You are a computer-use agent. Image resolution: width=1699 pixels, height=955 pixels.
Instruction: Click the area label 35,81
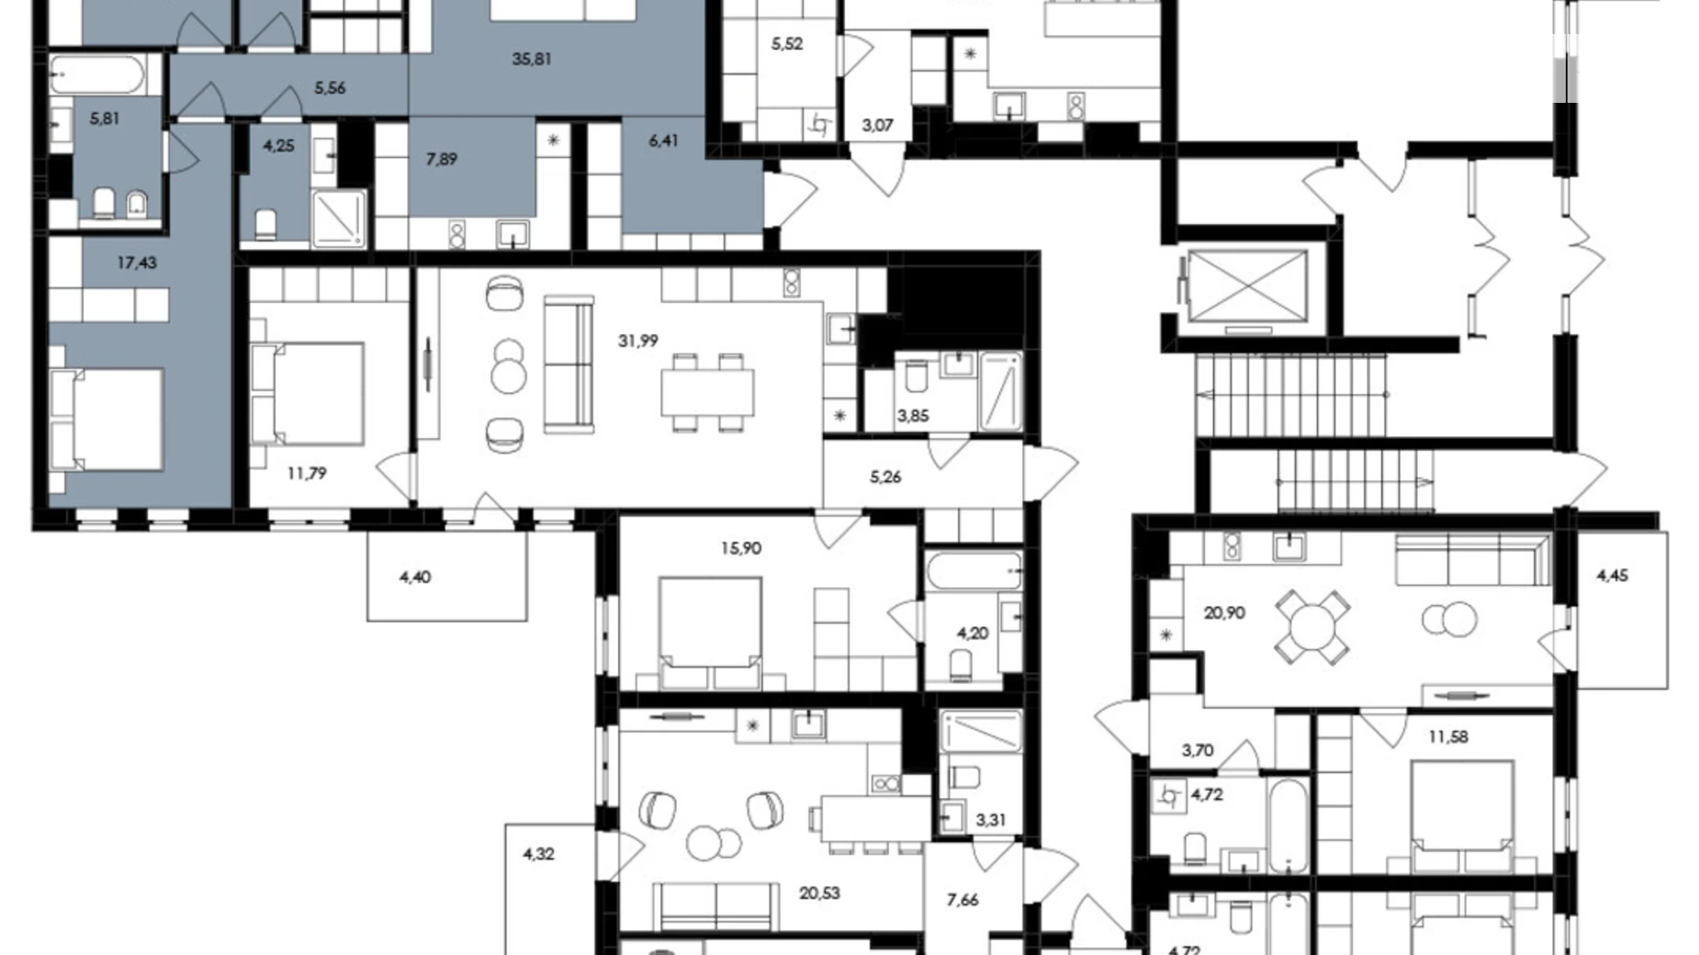(x=532, y=60)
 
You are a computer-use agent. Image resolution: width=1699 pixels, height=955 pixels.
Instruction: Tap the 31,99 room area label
(x=638, y=341)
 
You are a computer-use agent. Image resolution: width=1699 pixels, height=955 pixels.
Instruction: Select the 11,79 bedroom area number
(x=307, y=474)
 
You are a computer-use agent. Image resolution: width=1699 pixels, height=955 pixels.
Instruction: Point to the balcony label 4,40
(x=415, y=577)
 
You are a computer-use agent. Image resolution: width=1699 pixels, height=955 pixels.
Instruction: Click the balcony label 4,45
(x=1613, y=576)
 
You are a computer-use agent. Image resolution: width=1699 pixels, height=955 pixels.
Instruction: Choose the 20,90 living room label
(x=1224, y=612)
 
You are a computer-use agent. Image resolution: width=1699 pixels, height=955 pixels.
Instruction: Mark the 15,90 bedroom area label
(x=741, y=548)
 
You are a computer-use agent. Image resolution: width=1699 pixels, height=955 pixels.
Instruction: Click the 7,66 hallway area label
(x=962, y=900)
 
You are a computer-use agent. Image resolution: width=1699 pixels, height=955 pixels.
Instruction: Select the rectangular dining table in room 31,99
(x=708, y=392)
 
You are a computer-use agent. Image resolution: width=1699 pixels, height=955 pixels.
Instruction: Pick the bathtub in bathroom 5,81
(x=96, y=75)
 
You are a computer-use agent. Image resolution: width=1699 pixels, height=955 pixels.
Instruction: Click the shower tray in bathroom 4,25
(x=339, y=219)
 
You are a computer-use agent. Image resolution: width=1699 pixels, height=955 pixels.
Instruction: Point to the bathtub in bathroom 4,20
(x=973, y=571)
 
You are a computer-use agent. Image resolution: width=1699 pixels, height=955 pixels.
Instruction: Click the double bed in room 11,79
(x=308, y=392)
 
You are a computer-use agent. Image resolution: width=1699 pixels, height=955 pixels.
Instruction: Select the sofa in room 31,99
(x=568, y=364)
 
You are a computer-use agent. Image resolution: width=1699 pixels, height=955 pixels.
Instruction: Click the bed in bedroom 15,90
(x=710, y=634)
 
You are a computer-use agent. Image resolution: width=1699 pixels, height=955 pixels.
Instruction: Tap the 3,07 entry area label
(x=878, y=126)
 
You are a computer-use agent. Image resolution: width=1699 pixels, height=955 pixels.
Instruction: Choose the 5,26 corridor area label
(x=885, y=477)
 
